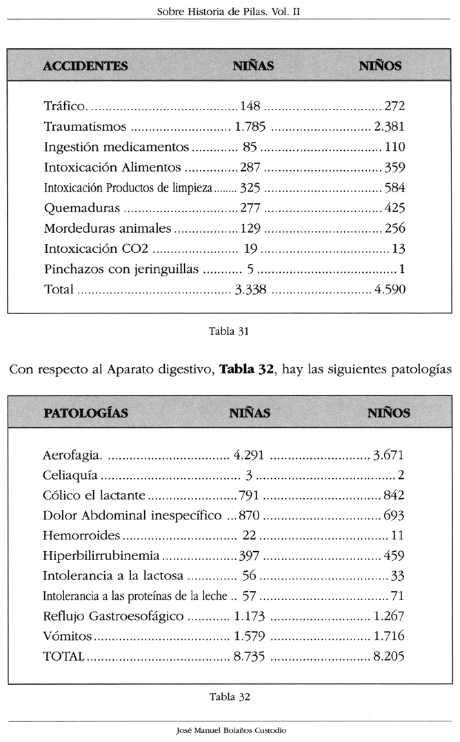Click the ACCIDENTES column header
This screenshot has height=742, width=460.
85,66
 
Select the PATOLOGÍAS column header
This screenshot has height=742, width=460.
86,413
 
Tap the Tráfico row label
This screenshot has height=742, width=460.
65,106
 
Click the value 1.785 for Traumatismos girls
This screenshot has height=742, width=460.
250,127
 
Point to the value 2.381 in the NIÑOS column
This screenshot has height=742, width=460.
389,127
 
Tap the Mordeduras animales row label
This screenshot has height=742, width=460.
107,228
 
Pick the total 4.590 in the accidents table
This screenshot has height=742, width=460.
389,289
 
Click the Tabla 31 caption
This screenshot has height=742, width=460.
229,331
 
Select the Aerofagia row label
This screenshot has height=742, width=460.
72,455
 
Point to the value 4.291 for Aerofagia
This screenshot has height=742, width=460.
249,455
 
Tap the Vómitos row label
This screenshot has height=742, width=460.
67,636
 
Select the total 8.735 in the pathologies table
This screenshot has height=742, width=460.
249,657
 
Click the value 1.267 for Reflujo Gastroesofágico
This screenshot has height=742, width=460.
389,616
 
